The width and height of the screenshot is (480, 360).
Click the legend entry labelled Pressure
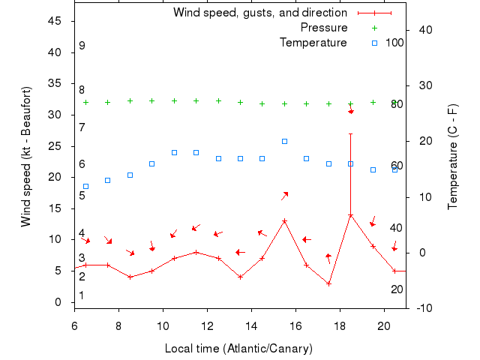pyautogui.click(x=324, y=28)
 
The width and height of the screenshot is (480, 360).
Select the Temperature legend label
pyautogui.click(x=313, y=43)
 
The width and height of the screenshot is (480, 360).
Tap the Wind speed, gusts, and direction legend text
pyautogui.click(x=259, y=13)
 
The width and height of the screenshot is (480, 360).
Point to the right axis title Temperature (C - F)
pyautogui.click(x=452, y=157)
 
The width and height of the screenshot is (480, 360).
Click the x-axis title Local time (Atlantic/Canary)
pyautogui.click(x=238, y=349)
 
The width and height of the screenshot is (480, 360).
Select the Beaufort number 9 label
pyautogui.click(x=82, y=46)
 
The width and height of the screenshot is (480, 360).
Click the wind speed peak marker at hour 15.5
pyautogui.click(x=284, y=221)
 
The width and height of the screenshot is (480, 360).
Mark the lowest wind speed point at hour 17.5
pyautogui.click(x=328, y=283)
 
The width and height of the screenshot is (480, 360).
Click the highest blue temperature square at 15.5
pyautogui.click(x=284, y=141)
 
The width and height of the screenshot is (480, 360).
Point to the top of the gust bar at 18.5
pyautogui.click(x=350, y=133)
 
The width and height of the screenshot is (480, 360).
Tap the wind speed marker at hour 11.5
pyautogui.click(x=196, y=252)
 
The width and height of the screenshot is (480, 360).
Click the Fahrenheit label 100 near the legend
pyautogui.click(x=394, y=43)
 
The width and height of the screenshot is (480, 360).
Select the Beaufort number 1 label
pyautogui.click(x=82, y=295)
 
